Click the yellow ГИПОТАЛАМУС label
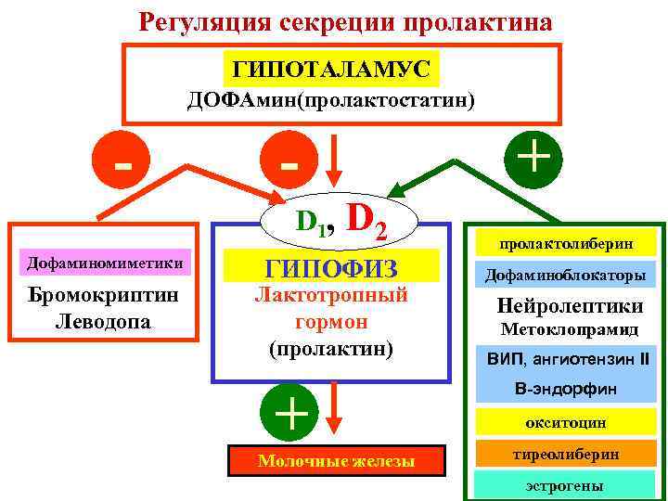pyautogui.click(x=331, y=69)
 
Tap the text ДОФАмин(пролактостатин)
pyautogui.click(x=331, y=99)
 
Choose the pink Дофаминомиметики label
pyautogui.click(x=104, y=263)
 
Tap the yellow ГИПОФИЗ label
pyautogui.click(x=331, y=268)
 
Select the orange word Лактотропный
pyautogui.click(x=331, y=297)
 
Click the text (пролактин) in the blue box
pyautogui.click(x=331, y=350)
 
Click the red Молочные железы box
pyautogui.click(x=336, y=461)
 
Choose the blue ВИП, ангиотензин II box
pyautogui.click(x=568, y=358)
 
